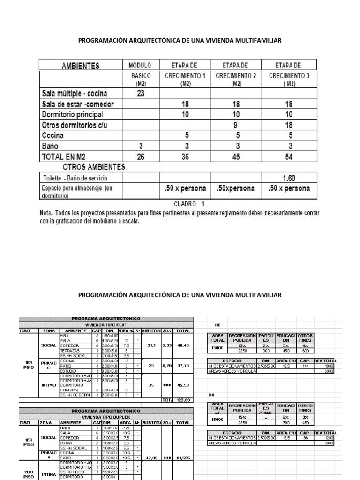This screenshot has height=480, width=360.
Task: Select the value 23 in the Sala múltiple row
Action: pos(140,93)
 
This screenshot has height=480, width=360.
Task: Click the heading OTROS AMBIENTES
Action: pos(93,167)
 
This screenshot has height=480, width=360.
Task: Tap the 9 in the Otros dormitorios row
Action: pos(236,125)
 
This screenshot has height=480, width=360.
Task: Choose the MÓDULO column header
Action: pos(140,65)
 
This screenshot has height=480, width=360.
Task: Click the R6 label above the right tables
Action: pos(217,324)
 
